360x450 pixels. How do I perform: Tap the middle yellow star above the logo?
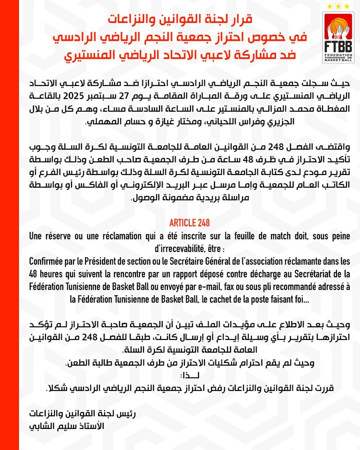[x=338, y=6]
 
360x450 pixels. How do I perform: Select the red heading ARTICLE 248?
[x=189, y=223]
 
